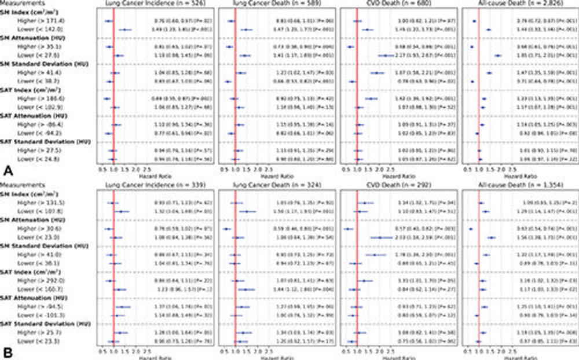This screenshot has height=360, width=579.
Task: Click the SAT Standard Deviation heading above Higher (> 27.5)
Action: tap(41, 142)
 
